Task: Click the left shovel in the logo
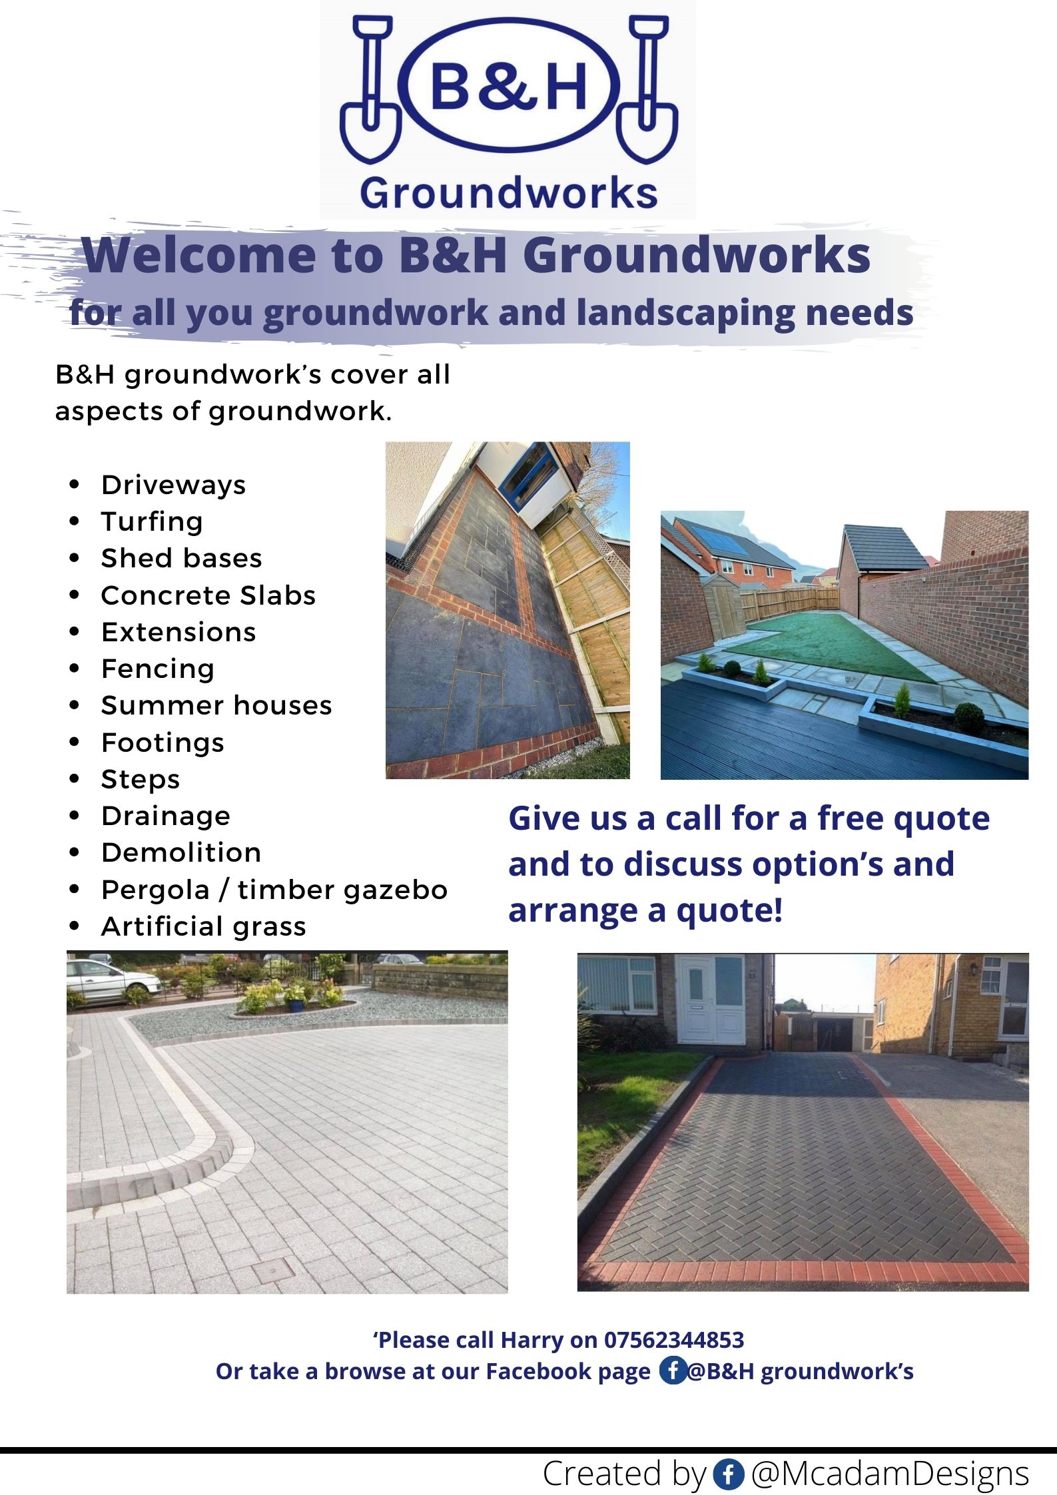[371, 90]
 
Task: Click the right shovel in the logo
[647, 90]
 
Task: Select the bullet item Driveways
[173, 485]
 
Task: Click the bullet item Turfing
[152, 521]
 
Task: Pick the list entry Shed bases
[181, 558]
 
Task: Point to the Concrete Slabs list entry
[208, 595]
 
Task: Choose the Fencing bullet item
[158, 669]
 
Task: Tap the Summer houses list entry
[216, 705]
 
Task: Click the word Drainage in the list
[166, 816]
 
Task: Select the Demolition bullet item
[181, 852]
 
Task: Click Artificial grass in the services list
[204, 926]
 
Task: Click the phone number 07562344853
[673, 1339]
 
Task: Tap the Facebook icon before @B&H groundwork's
[673, 1370]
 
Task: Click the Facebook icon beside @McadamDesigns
[728, 1474]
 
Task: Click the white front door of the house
[710, 999]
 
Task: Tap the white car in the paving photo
[110, 978]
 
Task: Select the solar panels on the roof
[727, 539]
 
